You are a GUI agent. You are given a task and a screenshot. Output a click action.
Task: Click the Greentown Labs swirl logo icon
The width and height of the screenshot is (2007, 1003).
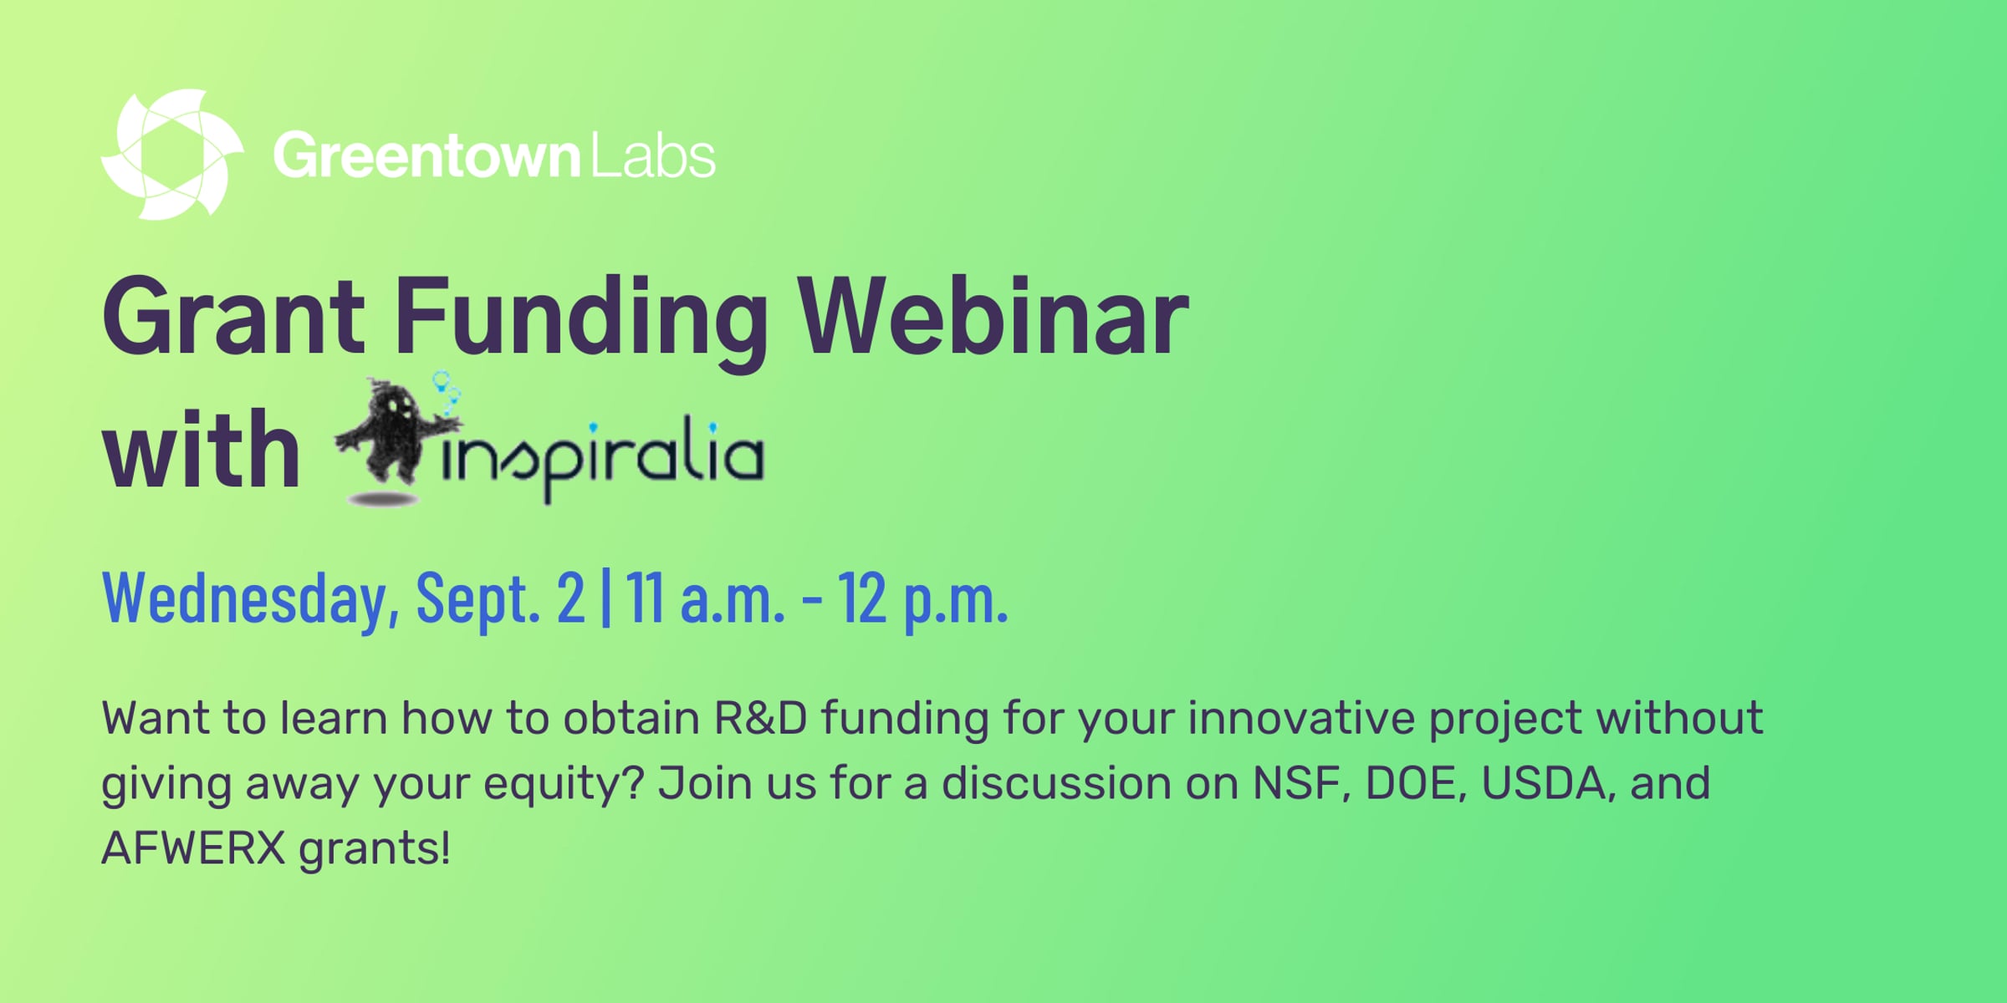coord(172,155)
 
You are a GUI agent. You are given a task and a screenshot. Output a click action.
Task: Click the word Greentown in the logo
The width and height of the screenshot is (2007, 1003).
coord(426,155)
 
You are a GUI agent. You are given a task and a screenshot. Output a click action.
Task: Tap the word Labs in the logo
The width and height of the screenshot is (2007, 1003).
coord(653,155)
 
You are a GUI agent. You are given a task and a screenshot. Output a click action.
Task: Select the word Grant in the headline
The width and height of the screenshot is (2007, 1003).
coord(233,318)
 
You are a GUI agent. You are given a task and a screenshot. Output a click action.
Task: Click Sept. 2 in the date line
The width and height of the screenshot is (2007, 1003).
coord(501,597)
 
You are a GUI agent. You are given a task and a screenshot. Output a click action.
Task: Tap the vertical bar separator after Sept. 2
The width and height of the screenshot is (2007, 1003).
coord(606,597)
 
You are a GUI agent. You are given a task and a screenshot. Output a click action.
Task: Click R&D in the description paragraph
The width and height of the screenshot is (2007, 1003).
coord(760,718)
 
